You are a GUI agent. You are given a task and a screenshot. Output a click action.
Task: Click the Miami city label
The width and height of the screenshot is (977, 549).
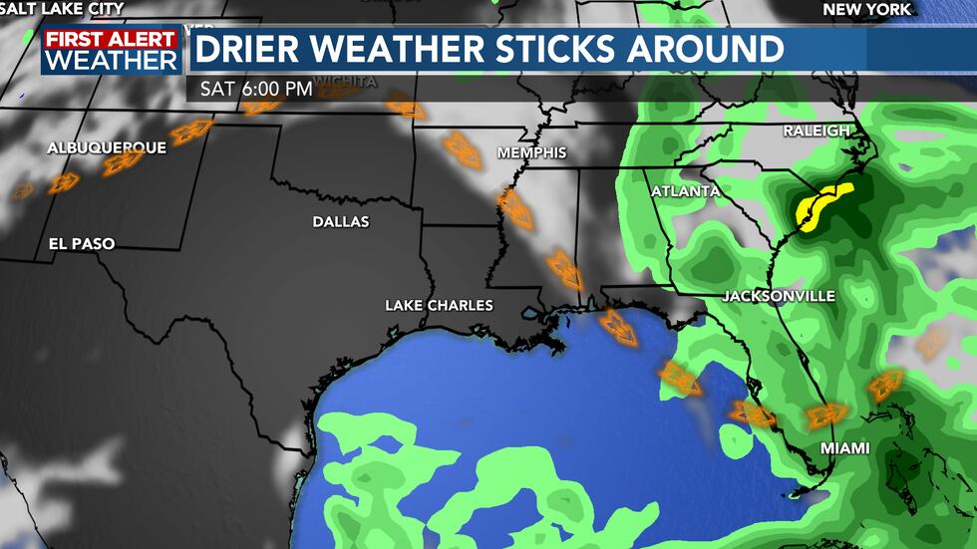tap(844, 448)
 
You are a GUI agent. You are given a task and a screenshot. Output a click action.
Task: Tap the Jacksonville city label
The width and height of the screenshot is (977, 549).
tap(779, 297)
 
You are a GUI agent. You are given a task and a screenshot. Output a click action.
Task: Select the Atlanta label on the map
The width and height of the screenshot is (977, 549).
tap(685, 190)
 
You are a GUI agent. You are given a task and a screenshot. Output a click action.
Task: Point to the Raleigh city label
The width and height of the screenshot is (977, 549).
tap(816, 132)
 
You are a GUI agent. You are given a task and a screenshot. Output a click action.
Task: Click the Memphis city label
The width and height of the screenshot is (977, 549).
tap(531, 153)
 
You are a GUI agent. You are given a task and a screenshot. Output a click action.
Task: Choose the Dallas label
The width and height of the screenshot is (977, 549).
tap(340, 221)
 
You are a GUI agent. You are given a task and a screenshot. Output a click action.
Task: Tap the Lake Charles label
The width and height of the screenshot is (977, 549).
tap(439, 305)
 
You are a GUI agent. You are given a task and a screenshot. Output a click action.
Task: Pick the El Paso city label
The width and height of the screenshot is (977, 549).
tap(82, 243)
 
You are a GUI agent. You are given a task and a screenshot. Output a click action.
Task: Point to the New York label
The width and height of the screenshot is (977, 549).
tap(866, 9)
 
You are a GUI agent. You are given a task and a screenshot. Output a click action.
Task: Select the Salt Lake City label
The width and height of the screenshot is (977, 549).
tap(62, 8)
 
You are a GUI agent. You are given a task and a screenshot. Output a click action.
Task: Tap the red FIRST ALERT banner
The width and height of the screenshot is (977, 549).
tap(112, 39)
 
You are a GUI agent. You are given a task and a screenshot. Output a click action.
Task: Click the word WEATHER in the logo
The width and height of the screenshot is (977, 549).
tap(112, 60)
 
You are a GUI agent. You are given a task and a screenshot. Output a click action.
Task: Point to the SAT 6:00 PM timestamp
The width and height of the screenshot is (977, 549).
tap(256, 89)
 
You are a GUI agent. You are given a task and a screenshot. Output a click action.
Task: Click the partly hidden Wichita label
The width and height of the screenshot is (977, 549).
tap(344, 81)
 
